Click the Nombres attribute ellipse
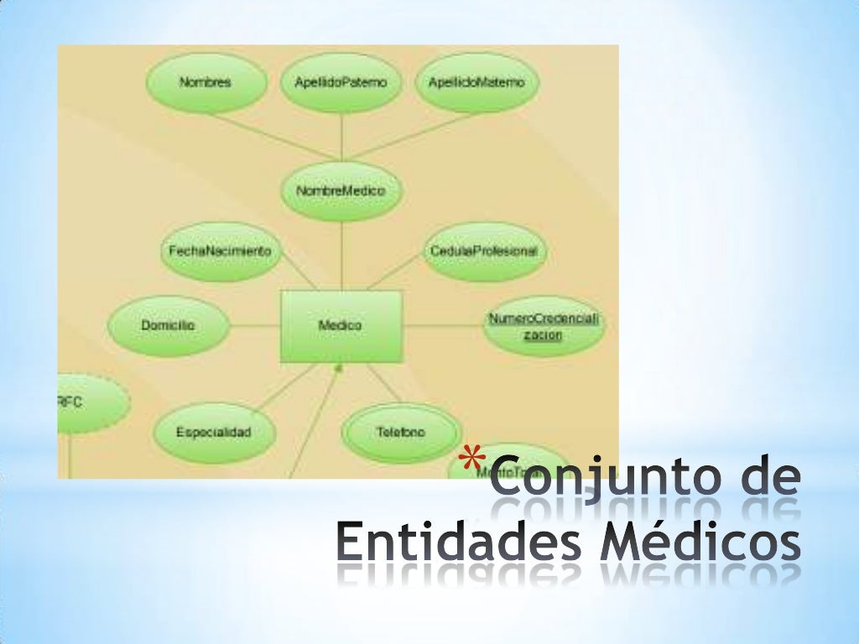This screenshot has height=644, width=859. tap(206, 83)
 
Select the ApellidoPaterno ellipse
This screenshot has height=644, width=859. tap(341, 83)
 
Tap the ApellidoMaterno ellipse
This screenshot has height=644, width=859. tap(476, 83)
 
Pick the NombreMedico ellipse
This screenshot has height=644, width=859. tap(341, 191)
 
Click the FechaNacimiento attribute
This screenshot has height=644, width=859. tap(220, 251)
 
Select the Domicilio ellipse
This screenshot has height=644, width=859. tap(168, 325)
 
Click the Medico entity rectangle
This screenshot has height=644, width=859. tap(341, 325)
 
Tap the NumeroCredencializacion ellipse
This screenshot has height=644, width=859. tap(545, 326)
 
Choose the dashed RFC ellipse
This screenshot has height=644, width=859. tap(88, 403)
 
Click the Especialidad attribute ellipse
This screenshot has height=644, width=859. tap(214, 433)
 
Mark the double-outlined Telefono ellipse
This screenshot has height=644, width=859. tap(401, 433)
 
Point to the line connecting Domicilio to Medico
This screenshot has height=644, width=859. tap(253, 325)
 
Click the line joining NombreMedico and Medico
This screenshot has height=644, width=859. tap(341, 256)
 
